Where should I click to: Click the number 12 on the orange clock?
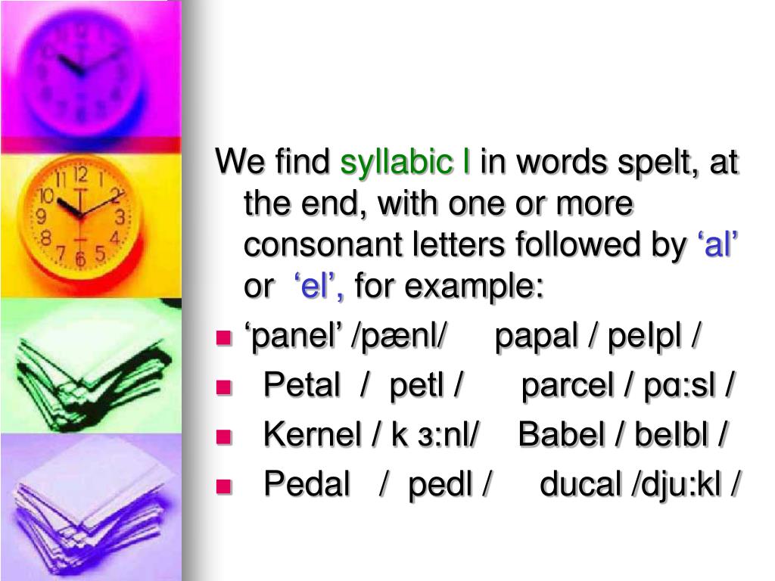82,176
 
